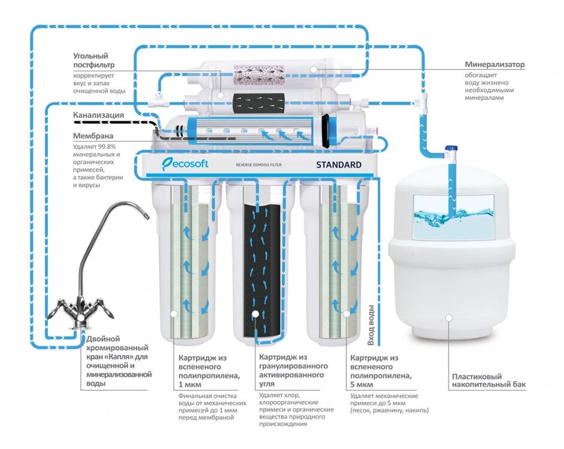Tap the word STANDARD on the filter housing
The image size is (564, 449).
pos(339,164)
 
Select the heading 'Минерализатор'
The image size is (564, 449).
pos(495,64)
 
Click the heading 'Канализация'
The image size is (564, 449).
pos(99,115)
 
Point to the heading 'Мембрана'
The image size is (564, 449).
pos(93,136)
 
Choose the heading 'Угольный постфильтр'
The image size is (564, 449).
pos(94,60)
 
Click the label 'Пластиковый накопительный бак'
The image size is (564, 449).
pos(488,381)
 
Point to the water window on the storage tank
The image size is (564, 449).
pos(453,216)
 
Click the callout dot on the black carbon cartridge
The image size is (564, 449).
pos(256,313)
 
